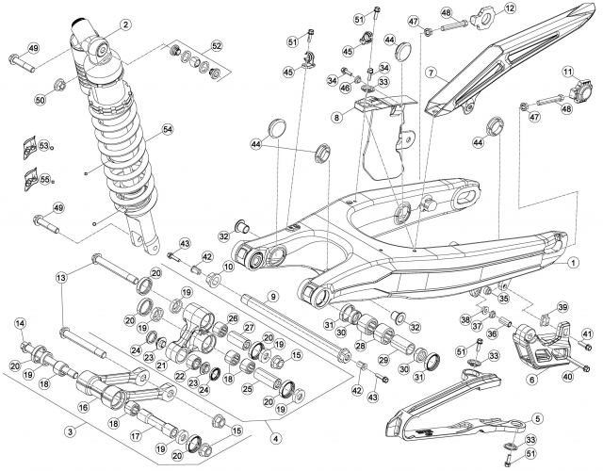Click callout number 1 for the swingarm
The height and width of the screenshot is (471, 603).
(572, 263)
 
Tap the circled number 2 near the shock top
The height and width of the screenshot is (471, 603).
(125, 25)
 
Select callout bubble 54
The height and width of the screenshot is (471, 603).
(168, 130)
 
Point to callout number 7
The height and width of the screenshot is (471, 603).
(432, 72)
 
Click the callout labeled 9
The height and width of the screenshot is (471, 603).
(272, 297)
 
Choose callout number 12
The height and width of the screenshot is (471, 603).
(510, 8)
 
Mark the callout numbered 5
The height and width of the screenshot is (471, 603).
(538, 418)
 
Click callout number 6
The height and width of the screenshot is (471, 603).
(532, 380)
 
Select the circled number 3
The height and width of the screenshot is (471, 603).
(70, 431)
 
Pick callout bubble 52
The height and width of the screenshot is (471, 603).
(217, 46)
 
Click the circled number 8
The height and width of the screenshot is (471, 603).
(337, 117)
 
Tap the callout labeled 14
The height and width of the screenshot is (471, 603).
(21, 324)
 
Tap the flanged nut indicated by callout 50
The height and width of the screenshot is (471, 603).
(60, 84)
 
